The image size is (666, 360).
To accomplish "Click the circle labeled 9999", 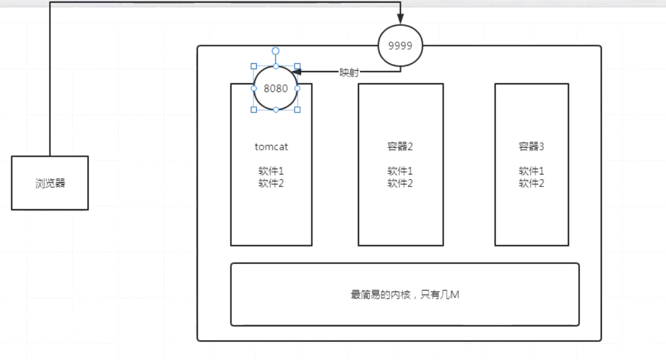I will [400, 46].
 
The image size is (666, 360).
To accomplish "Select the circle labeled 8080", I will [276, 88].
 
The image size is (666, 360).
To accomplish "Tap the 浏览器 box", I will [50, 183].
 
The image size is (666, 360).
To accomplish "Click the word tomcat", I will [271, 147].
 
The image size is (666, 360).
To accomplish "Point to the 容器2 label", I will [400, 147].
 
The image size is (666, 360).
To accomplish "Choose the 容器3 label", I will [531, 147].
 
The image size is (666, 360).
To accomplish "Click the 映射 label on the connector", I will [349, 73].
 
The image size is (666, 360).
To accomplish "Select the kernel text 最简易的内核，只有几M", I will [405, 295].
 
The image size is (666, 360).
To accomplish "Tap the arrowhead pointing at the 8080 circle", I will [296, 72].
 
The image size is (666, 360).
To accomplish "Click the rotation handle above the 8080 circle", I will [275, 51].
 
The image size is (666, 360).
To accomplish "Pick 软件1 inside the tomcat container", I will [271, 171].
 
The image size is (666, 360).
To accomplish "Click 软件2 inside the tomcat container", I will [271, 183].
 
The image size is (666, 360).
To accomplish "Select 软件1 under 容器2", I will [400, 171].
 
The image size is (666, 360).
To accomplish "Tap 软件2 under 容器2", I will [400, 183].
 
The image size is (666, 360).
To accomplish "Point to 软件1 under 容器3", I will [531, 171].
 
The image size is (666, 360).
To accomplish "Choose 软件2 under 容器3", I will [531, 183].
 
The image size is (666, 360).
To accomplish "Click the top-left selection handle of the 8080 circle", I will [254, 66].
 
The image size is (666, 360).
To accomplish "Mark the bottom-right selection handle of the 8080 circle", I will [297, 110].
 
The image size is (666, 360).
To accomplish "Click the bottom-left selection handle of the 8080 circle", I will [254, 110].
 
